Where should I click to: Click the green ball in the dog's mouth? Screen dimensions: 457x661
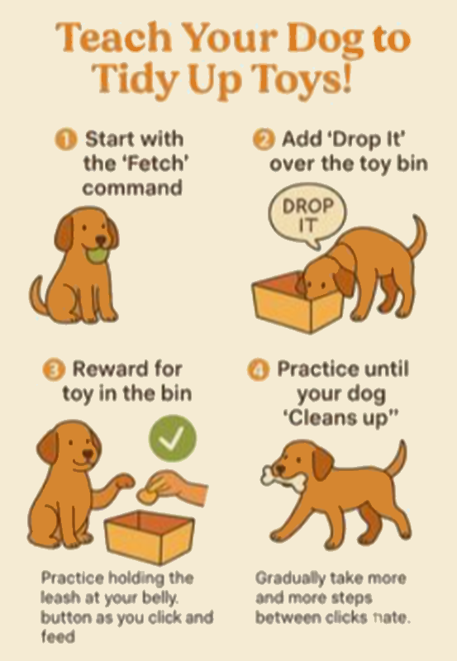click(96, 255)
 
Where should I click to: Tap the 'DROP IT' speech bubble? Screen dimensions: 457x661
click(307, 215)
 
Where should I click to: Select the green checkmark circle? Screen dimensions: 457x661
click(173, 439)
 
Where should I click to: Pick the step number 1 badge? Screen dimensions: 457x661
click(66, 140)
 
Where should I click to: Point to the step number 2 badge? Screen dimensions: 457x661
click(264, 140)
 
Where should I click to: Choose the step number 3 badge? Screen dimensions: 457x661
click(54, 369)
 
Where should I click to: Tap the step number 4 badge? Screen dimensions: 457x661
click(258, 369)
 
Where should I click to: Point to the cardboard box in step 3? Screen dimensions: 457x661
click(150, 536)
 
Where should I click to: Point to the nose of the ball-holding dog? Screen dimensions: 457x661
click(101, 240)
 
